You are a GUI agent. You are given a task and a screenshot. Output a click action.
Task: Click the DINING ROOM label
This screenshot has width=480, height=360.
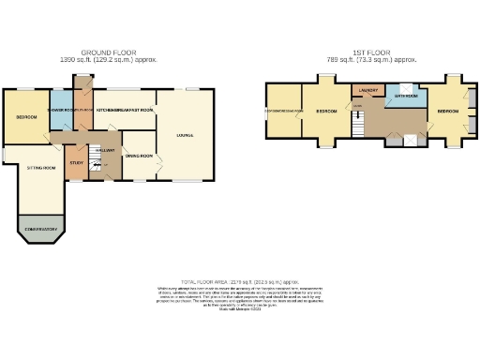click(139, 156)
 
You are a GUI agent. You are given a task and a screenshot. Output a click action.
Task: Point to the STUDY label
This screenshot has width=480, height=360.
click(77, 163)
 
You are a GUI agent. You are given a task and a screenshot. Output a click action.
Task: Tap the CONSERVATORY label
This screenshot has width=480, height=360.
click(41, 229)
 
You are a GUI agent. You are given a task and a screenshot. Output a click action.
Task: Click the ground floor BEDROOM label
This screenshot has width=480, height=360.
click(26, 117)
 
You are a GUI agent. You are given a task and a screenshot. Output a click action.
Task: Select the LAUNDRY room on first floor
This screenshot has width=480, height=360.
click(366, 91)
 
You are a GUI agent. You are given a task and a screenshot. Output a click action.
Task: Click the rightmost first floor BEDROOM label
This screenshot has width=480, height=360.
click(448, 111)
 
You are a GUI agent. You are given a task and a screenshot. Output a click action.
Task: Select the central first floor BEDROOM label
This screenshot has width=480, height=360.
click(325, 112)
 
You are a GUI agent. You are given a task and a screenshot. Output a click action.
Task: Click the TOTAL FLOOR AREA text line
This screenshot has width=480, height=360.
click(240, 280)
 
